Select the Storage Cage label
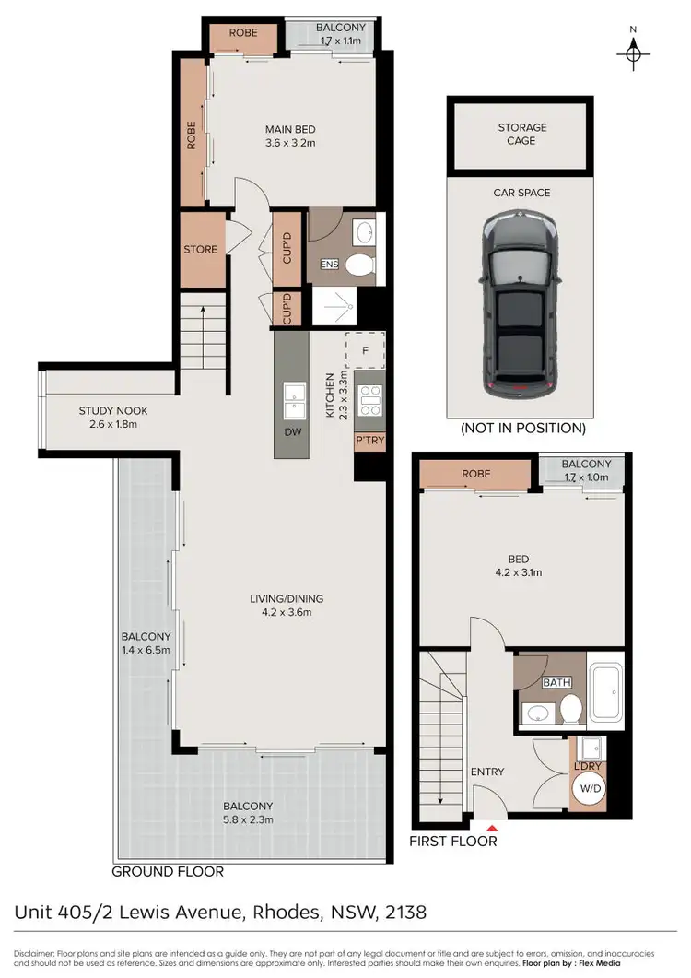click(x=522, y=135)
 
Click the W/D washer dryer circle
click(x=587, y=788)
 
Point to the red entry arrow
click(x=489, y=826)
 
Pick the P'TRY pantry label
click(x=369, y=442)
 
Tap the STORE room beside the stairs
click(x=200, y=250)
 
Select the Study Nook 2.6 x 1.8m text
click(x=113, y=418)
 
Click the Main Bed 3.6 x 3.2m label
click(x=290, y=136)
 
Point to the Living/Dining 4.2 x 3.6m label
click(x=287, y=606)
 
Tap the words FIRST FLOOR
click(x=453, y=841)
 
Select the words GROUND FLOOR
click(x=168, y=871)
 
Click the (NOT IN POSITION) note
click(x=522, y=428)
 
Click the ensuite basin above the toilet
click(x=363, y=230)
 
